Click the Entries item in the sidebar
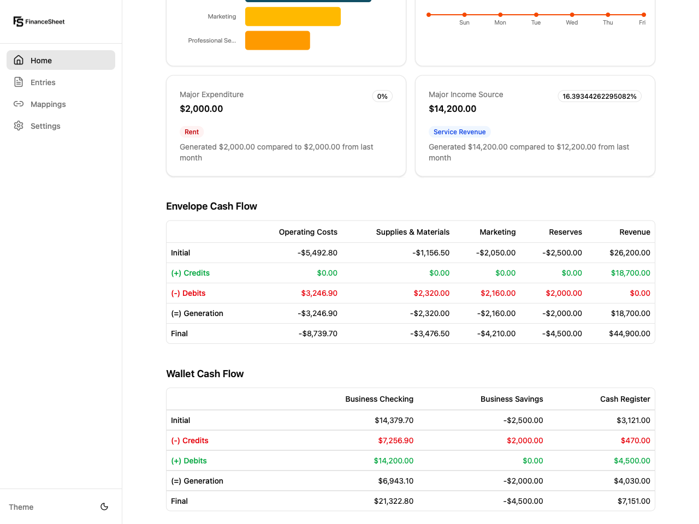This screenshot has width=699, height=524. (43, 82)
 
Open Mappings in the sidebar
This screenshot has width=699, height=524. (48, 104)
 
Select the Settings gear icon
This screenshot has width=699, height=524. (19, 126)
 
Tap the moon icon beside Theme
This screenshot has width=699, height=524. (104, 507)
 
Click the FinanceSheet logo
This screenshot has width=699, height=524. (39, 22)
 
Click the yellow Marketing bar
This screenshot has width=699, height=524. (293, 16)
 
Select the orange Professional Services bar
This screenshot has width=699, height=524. (277, 40)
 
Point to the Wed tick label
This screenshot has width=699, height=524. (572, 23)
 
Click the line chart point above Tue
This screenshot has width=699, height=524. (536, 15)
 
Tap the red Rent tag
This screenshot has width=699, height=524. (192, 132)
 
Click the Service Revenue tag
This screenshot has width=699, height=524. (459, 132)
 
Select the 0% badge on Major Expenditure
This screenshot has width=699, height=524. (382, 97)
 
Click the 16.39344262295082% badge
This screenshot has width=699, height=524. (599, 97)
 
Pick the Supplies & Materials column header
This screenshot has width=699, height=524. (412, 232)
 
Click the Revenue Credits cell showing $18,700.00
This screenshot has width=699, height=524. (630, 273)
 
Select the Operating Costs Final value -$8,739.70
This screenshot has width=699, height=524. (318, 334)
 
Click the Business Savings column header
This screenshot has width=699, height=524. (511, 399)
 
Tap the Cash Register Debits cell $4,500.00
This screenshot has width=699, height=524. (632, 461)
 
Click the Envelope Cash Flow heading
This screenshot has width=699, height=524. (211, 206)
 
